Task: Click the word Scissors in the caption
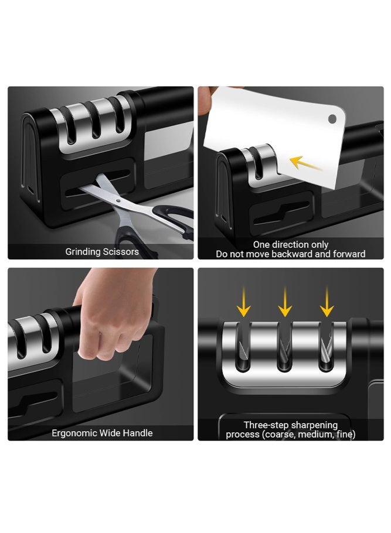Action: [x=122, y=252]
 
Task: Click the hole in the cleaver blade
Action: [x=332, y=119]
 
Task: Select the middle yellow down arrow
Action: [x=284, y=302]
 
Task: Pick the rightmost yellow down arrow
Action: [x=327, y=302]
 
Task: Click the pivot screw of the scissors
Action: [x=118, y=201]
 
